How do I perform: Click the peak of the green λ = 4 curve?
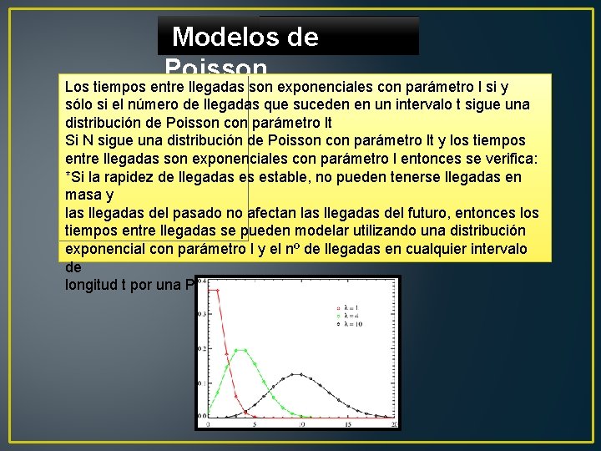[x=240, y=350]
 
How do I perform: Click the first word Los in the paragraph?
[x=77, y=86]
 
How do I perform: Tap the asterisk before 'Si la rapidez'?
[x=68, y=176]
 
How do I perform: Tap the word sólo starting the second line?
[x=80, y=104]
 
